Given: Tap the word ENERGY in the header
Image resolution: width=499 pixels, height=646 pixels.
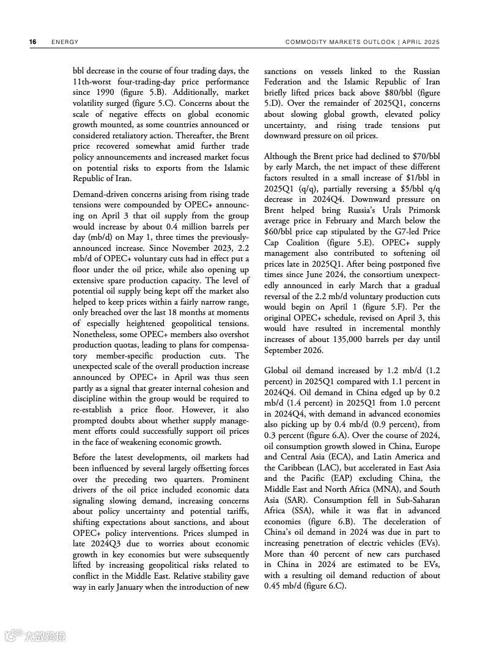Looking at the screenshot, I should coord(65,42).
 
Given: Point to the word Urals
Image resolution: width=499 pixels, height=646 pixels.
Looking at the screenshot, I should coord(363,210).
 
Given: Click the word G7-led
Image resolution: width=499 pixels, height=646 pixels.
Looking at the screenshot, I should coord(401,232).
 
